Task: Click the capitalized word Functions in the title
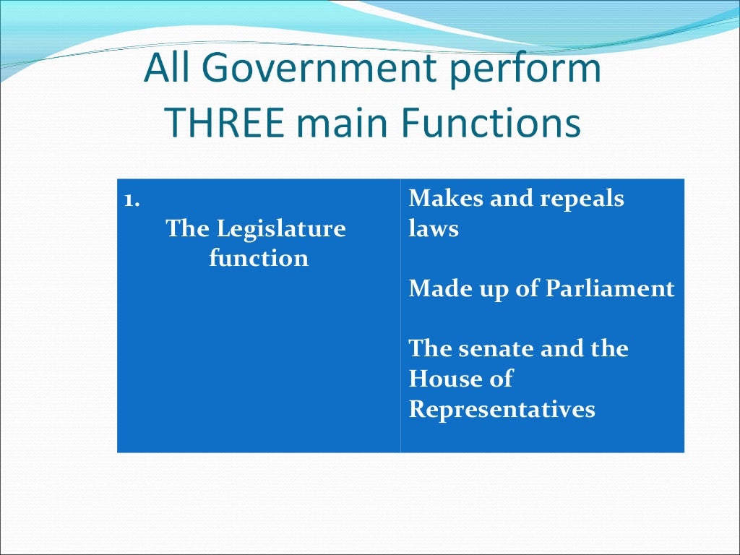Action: tap(491, 124)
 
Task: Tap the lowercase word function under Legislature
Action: tap(259, 258)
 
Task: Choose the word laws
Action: tap(434, 229)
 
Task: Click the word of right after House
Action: tap(499, 378)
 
